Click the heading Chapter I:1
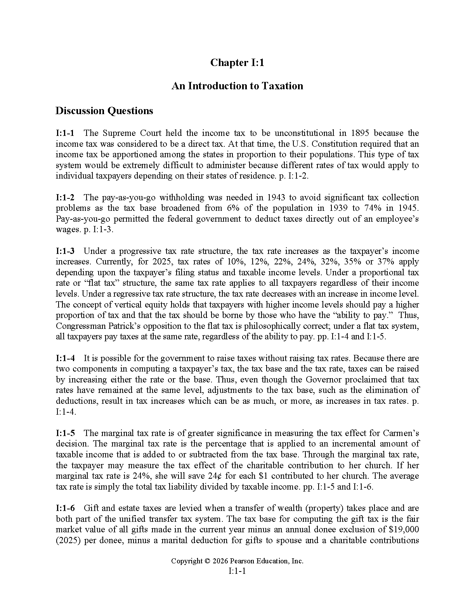click(237, 63)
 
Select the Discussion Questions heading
click(104, 111)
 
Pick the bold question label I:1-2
click(65, 197)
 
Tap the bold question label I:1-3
click(65, 251)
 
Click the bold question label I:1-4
click(65, 358)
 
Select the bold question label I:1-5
click(65, 433)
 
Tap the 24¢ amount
click(213, 476)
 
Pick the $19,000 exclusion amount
click(404, 529)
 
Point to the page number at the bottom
click(237, 571)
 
